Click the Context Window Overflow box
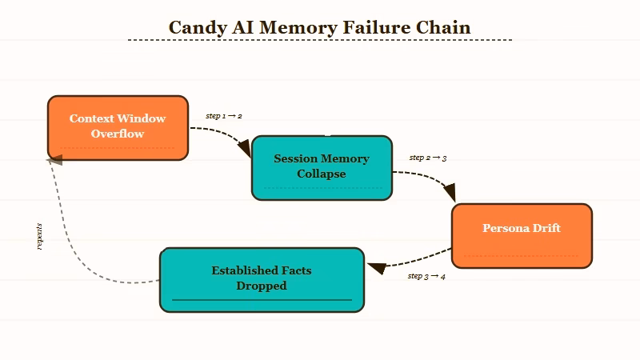pos(118,128)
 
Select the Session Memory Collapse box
pos(322,168)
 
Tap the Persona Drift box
pos(522,236)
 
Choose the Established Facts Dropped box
pos(262,280)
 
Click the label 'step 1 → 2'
pos(224,116)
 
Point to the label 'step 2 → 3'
pos(428,158)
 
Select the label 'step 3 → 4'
pos(426,276)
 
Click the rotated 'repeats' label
pos(39,236)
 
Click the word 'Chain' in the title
pos(443,27)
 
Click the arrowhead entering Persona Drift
pos(450,194)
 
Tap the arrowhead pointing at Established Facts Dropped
pos(374,266)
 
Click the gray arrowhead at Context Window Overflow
pos(54,160)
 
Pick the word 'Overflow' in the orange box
pos(118,134)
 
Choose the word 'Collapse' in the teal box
pos(322,174)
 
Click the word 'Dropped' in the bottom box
pos(262,286)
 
